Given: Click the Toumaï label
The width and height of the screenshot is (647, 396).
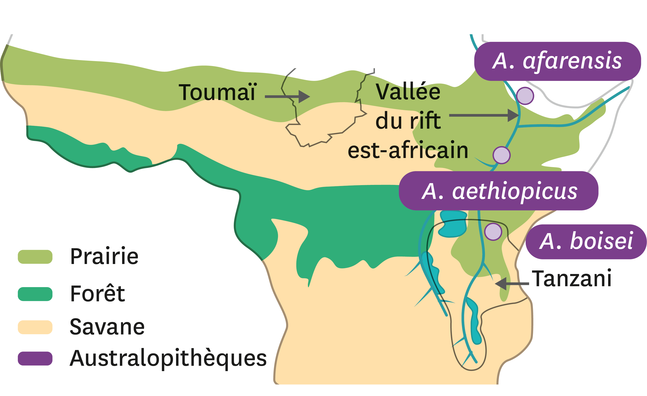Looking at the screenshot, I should click(217, 92).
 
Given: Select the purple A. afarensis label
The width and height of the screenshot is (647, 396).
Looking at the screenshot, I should click(557, 61).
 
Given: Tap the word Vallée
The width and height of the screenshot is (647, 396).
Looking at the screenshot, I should click(408, 92).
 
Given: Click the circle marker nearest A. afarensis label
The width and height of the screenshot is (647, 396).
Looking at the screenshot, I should click(525, 96).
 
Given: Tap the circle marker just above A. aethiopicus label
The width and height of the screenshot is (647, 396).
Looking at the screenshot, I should click(502, 155).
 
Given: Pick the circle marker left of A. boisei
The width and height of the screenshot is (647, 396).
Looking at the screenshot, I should click(493, 232).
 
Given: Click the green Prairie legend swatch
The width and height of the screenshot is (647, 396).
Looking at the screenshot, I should click(35, 257).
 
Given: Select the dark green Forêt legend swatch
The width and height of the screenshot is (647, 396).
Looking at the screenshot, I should click(35, 294).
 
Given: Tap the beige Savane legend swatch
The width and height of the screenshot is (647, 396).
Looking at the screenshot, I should click(35, 327).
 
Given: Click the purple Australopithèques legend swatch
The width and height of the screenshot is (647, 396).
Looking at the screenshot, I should click(35, 358).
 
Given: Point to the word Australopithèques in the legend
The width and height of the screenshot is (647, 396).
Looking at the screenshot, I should click(168, 358).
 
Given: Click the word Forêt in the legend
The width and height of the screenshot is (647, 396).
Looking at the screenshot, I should click(97, 294).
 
